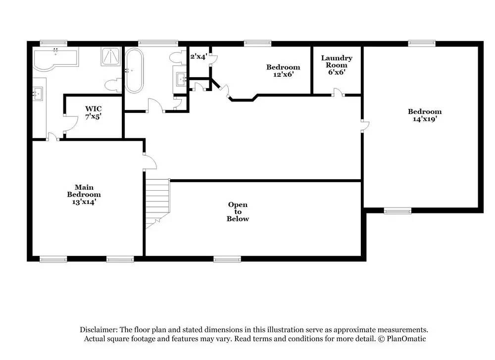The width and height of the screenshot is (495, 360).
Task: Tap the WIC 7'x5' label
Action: (93, 112)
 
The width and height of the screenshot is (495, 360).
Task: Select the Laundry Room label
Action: (337, 61)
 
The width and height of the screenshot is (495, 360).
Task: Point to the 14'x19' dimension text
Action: (425, 119)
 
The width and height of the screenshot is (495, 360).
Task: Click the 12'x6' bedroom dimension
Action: (283, 75)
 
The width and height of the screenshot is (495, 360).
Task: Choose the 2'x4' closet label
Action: (198, 56)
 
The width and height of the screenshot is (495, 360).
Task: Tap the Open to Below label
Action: (238, 211)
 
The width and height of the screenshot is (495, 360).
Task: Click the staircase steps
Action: (157, 203)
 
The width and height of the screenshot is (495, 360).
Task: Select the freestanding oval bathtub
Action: (134, 70)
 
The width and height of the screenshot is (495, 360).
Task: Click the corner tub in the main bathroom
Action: (55, 59)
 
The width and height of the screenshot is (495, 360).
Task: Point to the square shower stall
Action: (111, 56)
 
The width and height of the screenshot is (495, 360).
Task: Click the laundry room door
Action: (339, 93)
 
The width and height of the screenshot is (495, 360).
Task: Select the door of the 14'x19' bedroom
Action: (365, 126)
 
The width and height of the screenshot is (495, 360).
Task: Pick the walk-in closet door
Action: (71, 124)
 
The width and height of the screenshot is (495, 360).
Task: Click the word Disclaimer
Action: (99, 330)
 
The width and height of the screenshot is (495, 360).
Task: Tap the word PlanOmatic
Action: (406, 339)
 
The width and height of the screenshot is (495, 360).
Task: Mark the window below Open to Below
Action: (227, 259)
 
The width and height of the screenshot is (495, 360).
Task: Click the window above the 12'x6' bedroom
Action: (257, 43)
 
